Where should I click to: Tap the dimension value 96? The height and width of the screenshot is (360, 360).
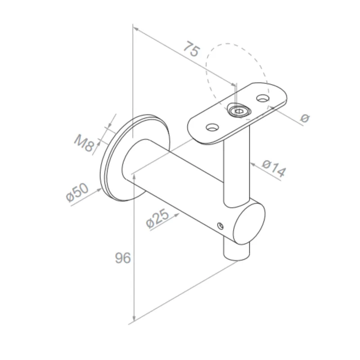pyautogui.click(x=122, y=258)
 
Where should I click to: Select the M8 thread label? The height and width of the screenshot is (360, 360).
pyautogui.click(x=84, y=144)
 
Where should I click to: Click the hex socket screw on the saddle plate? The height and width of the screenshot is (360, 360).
pyautogui.click(x=237, y=110)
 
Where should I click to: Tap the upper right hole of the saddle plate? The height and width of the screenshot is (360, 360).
pyautogui.click(x=262, y=97)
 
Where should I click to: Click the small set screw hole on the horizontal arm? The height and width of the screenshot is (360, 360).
pyautogui.click(x=220, y=225)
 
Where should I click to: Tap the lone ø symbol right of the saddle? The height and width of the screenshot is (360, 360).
pyautogui.click(x=305, y=118)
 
